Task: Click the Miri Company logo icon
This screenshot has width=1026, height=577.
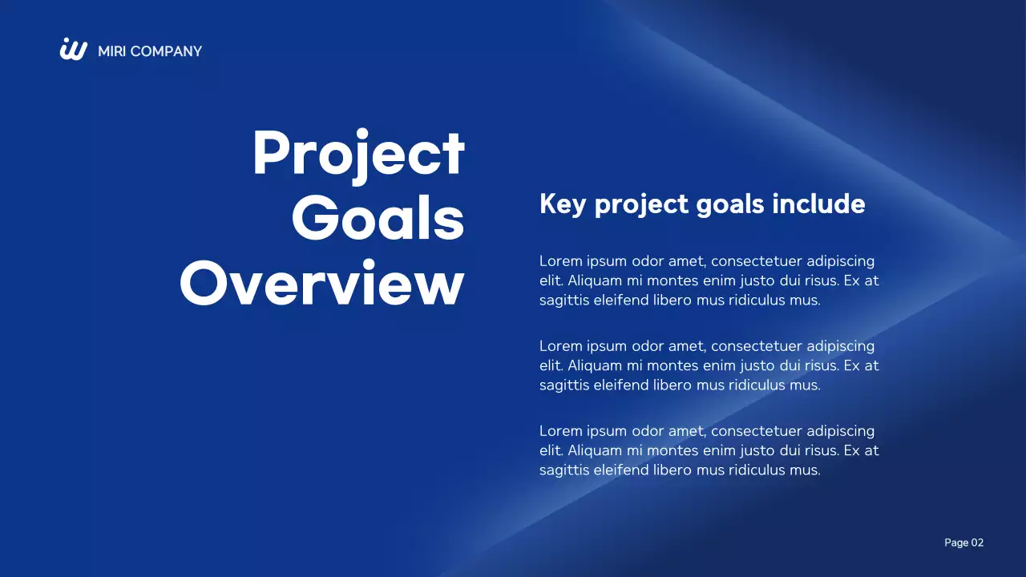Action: coord(74,50)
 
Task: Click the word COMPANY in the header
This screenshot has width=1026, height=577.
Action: coord(166,51)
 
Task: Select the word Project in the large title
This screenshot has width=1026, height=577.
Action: coord(358,154)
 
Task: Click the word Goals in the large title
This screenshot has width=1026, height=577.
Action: coord(378,218)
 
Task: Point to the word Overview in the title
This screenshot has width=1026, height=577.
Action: coord(321,283)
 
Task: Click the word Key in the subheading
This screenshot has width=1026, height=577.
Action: coord(563,204)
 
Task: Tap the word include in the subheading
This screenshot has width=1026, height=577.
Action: coord(818,204)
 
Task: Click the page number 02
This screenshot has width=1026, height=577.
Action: coord(977,543)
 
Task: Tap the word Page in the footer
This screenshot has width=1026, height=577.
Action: coord(956,543)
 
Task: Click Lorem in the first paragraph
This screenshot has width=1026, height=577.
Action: coord(559,261)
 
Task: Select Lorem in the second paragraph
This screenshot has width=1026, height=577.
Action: coord(559,346)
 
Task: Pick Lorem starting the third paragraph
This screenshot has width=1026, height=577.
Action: coord(559,431)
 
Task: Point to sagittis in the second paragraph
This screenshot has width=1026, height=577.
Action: coord(564,385)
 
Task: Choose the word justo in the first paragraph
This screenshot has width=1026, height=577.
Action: coord(749,281)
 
